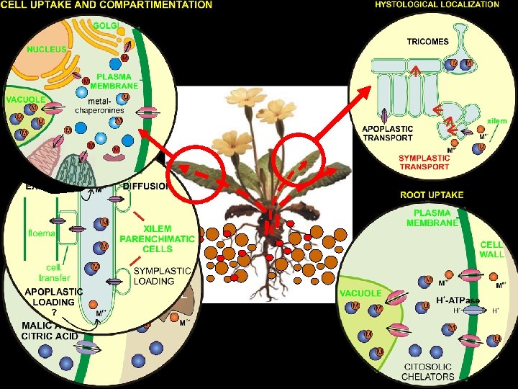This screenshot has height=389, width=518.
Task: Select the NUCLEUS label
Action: pyautogui.click(x=47, y=50)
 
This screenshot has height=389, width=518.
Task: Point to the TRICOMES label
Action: pyautogui.click(x=428, y=41)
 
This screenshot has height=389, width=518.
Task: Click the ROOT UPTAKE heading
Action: pyautogui.click(x=432, y=194)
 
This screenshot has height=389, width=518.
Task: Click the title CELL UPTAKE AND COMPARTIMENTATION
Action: pyautogui.click(x=108, y=5)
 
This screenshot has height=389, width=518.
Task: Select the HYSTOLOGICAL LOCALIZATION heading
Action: pyautogui.click(x=437, y=4)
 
